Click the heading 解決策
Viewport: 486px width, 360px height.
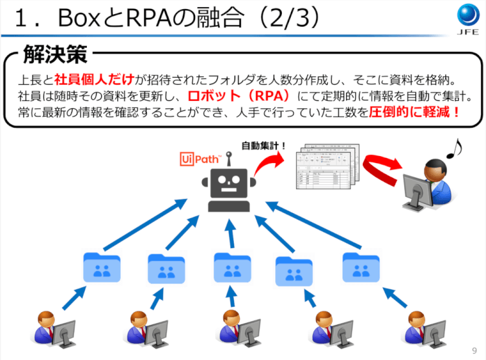coord(55,55)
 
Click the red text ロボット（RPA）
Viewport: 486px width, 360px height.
coord(239,96)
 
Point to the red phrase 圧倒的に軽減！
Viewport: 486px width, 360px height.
coord(415,112)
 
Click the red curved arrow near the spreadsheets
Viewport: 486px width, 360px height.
coord(380,173)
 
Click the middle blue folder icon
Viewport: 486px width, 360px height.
coord(232,267)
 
